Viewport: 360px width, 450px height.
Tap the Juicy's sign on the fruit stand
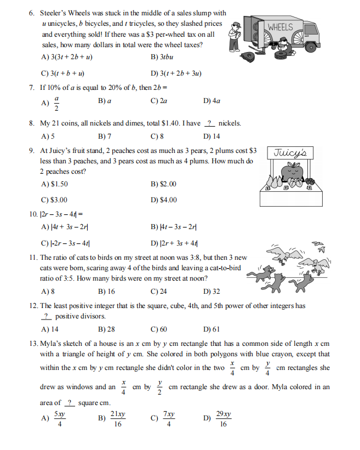285,153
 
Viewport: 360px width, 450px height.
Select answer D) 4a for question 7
212,101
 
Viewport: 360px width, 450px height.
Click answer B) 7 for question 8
105,136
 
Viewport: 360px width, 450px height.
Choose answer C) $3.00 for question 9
55,200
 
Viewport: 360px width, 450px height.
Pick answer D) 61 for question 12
212,329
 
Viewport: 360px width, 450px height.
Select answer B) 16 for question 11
106,292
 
